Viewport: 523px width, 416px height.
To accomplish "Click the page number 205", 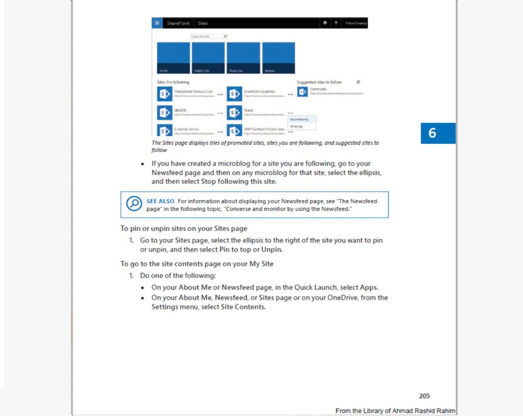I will point(424,396).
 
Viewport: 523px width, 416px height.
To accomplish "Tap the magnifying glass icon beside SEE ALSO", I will point(134,204).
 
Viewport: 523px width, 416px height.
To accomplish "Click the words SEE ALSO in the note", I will point(160,201).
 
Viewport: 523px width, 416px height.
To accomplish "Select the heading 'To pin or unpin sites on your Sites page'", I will point(183,228).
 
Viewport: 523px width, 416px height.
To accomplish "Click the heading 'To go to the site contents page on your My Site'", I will point(197,263).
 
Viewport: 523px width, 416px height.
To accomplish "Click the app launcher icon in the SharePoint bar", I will point(157,23).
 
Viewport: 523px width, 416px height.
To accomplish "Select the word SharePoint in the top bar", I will point(178,23).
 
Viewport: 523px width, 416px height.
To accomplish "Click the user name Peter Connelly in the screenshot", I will point(356,23).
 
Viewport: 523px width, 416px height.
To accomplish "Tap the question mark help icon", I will point(336,23).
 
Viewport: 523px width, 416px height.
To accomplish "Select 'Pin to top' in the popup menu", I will point(296,126).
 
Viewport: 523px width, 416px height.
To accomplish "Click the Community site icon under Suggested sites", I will point(302,92).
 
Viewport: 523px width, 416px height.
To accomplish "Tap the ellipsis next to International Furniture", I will point(220,94).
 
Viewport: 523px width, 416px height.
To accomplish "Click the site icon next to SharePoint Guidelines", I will point(234,94).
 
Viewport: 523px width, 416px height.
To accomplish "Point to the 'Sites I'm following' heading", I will point(173,82).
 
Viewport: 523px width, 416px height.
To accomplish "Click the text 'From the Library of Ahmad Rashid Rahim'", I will point(395,411).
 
